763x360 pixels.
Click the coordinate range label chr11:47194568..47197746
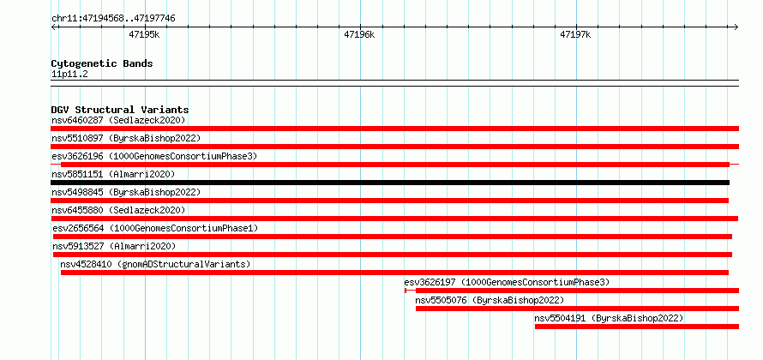click(x=113, y=19)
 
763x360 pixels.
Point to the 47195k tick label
click(x=145, y=34)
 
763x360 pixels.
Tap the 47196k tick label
click(x=359, y=34)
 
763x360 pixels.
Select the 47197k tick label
click(x=575, y=34)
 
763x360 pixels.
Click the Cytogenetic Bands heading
click(x=102, y=63)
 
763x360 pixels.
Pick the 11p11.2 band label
click(x=69, y=75)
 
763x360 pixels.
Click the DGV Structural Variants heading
click(x=120, y=110)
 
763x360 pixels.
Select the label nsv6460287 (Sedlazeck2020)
click(x=118, y=120)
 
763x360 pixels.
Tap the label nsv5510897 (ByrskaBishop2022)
click(x=126, y=138)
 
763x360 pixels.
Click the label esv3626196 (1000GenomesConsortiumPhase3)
click(x=154, y=156)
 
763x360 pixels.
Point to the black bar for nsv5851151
click(x=390, y=183)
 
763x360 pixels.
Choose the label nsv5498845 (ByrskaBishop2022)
click(x=126, y=192)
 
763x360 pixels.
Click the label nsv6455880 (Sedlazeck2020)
click(x=118, y=210)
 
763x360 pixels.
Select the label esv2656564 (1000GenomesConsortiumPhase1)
click(x=155, y=228)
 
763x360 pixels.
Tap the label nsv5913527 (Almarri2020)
click(x=114, y=246)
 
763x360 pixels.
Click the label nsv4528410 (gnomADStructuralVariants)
click(x=155, y=264)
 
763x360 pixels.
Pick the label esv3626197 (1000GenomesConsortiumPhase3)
click(x=507, y=282)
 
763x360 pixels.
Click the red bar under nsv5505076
click(x=577, y=309)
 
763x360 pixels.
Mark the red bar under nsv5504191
click(x=637, y=327)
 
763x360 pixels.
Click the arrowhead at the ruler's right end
click(x=736, y=27)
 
